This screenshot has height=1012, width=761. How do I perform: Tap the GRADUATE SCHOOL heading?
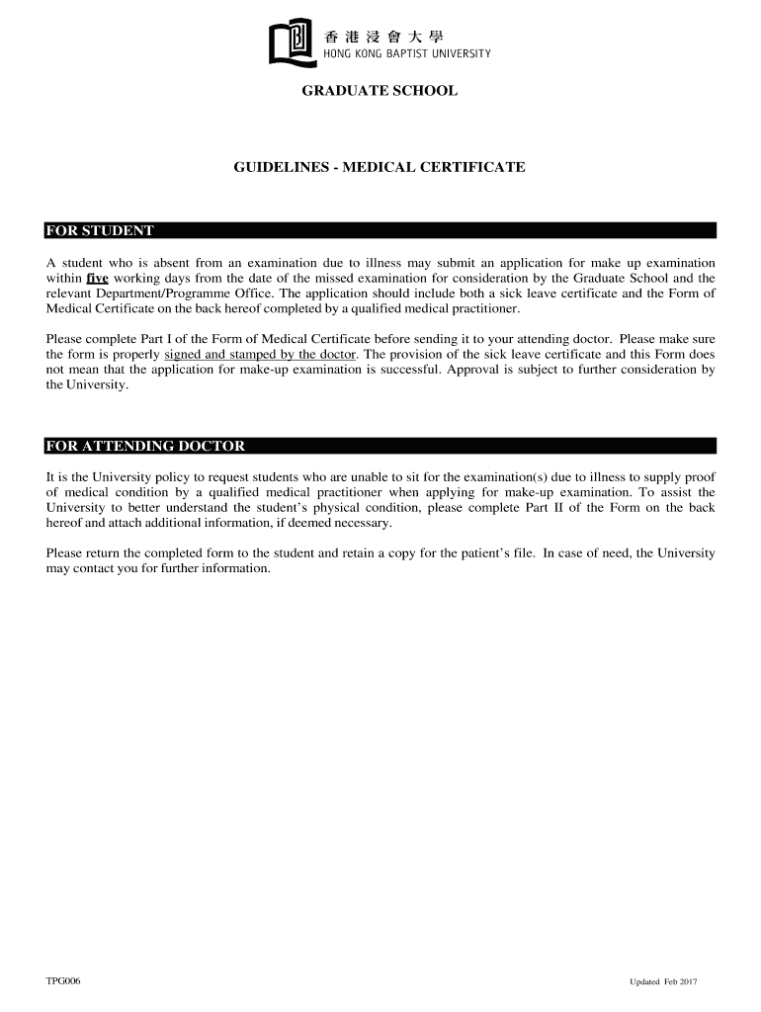[380, 91]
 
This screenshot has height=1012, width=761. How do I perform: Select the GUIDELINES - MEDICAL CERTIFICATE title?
[380, 168]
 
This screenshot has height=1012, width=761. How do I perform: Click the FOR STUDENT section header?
[100, 231]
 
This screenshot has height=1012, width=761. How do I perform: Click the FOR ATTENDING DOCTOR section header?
[145, 446]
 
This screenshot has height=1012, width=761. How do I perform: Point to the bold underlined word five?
[97, 278]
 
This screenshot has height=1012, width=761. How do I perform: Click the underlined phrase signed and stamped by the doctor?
[261, 354]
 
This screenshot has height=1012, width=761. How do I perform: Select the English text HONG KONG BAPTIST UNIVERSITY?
[407, 53]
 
